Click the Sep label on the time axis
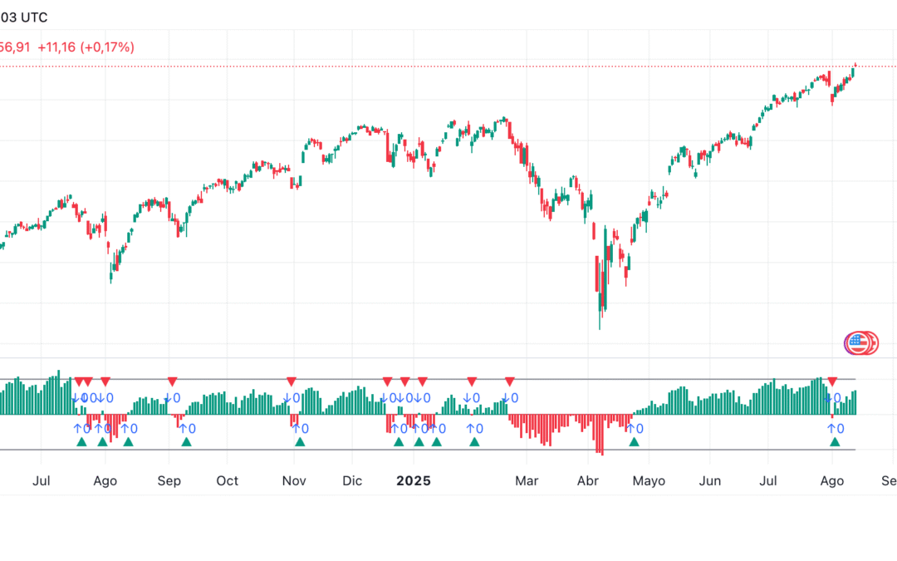pyautogui.click(x=169, y=481)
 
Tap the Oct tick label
pyautogui.click(x=227, y=481)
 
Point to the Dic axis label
pyautogui.click(x=352, y=481)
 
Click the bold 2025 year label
pyautogui.click(x=413, y=481)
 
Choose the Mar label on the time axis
pyautogui.click(x=527, y=481)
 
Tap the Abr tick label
pyautogui.click(x=588, y=481)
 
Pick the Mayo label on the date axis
pyautogui.click(x=649, y=481)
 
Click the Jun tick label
pyautogui.click(x=709, y=481)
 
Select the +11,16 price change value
pyautogui.click(x=56, y=47)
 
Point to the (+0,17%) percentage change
pyautogui.click(x=107, y=47)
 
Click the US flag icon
pyautogui.click(x=856, y=342)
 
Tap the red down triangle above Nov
pyautogui.click(x=292, y=381)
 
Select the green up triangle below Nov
pyautogui.click(x=300, y=442)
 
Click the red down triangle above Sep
pyautogui.click(x=172, y=381)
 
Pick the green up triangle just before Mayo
pyautogui.click(x=634, y=442)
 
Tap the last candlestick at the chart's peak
pyautogui.click(x=855, y=66)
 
